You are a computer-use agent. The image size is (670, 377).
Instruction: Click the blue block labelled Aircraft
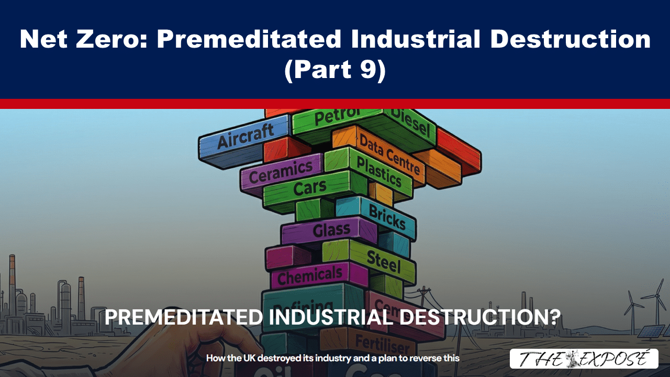(245, 139)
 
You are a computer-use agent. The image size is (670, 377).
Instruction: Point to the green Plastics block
(378, 171)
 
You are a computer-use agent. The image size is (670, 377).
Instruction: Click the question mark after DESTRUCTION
(554, 317)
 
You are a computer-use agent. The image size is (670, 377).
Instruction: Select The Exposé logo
(584, 359)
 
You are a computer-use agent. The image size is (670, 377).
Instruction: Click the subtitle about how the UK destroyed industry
(332, 359)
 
